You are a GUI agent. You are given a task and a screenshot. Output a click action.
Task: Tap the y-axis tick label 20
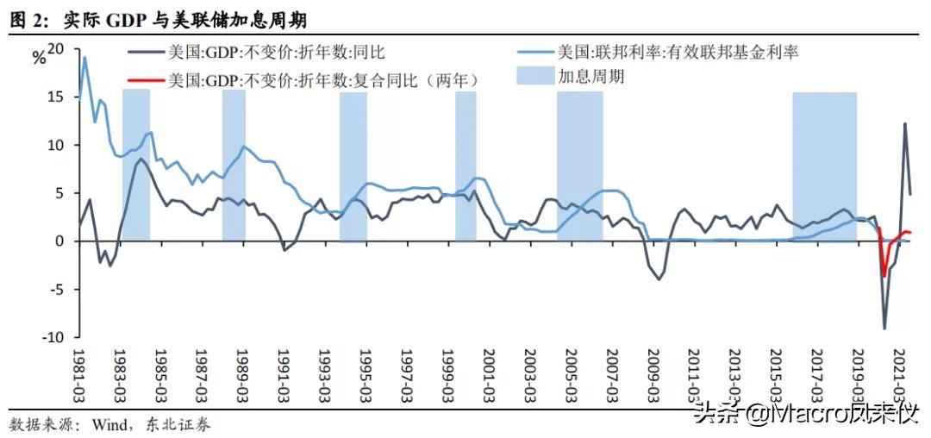click(56, 49)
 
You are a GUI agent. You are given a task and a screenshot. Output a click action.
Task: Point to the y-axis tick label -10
click(53, 338)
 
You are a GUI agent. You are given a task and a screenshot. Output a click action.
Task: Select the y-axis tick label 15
click(56, 97)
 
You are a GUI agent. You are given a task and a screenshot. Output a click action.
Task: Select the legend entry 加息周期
click(590, 76)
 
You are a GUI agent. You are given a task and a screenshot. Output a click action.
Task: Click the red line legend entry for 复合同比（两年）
click(322, 80)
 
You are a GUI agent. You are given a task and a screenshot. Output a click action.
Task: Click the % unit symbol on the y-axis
click(39, 59)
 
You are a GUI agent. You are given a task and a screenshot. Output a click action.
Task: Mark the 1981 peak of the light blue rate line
click(84, 58)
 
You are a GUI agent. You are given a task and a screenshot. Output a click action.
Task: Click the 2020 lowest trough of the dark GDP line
click(884, 328)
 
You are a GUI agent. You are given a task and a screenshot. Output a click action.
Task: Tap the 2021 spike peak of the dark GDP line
click(905, 123)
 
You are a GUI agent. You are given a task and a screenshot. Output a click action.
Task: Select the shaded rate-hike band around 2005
click(579, 164)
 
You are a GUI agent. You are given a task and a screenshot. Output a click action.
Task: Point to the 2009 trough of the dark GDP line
click(659, 279)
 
